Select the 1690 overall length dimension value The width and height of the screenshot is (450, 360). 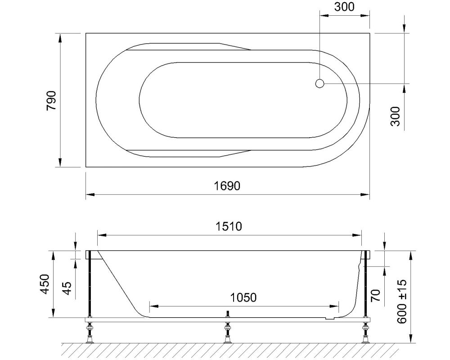[227, 186]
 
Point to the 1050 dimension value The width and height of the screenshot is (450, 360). [243, 297]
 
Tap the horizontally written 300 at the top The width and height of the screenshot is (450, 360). [344, 7]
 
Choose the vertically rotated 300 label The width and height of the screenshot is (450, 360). [395, 116]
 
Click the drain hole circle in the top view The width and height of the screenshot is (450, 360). [319, 83]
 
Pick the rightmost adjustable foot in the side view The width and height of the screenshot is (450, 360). [365, 333]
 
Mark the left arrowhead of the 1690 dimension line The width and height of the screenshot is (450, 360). [89, 195]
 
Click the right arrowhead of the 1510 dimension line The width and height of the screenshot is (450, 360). [359, 234]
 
